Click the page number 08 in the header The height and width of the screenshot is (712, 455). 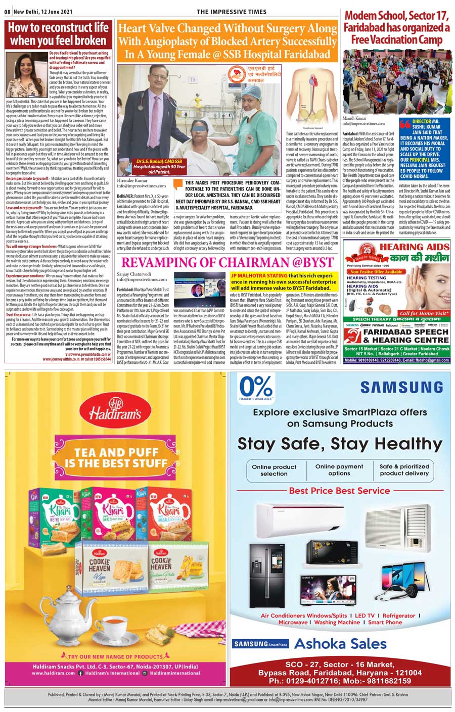coord(8,12)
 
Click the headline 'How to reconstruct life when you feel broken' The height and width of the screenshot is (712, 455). coord(58,34)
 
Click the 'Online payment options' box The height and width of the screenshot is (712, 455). coord(339,470)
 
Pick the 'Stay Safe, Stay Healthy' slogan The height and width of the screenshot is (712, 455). coord(340,444)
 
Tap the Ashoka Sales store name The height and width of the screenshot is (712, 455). coord(340,644)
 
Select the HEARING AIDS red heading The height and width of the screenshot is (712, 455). coord(414,247)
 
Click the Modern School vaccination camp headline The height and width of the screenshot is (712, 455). coord(397,27)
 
